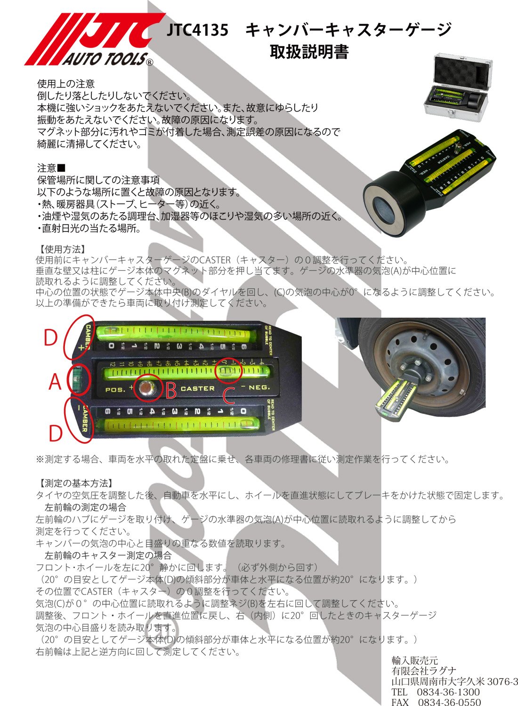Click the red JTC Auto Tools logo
click(89, 40)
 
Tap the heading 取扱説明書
click(309, 51)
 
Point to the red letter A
click(55, 382)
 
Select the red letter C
click(229, 396)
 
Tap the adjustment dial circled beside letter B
click(148, 389)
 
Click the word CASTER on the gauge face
click(197, 389)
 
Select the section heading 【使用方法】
click(61, 249)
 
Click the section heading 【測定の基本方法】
click(75, 483)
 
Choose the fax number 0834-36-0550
click(450, 702)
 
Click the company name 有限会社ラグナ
click(424, 671)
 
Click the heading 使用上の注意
click(66, 84)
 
